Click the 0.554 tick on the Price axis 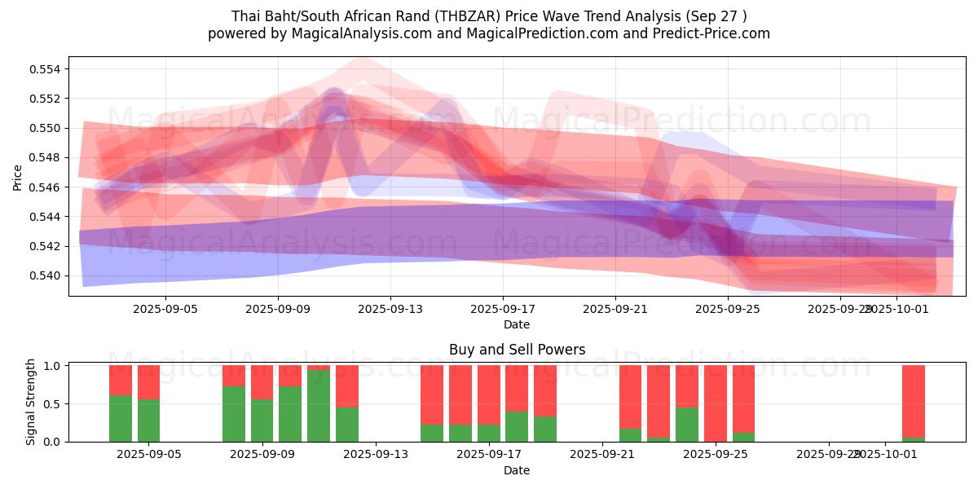click(46, 69)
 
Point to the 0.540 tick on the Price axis click(46, 275)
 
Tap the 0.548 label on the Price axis click(46, 157)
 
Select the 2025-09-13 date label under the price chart click(390, 310)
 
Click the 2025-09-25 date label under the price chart click(727, 310)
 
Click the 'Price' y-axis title click(18, 177)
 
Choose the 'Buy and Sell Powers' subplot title click(517, 350)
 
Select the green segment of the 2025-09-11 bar click(319, 406)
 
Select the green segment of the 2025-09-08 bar click(234, 414)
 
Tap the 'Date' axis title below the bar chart click(517, 470)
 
